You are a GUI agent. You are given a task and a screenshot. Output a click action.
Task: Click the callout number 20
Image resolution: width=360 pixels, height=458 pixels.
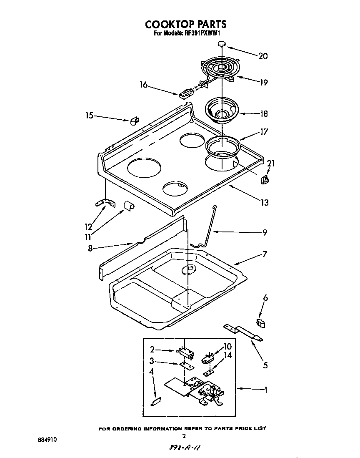[x=263, y=56]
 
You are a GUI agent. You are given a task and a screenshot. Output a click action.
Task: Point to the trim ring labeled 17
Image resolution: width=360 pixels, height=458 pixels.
[x=223, y=146]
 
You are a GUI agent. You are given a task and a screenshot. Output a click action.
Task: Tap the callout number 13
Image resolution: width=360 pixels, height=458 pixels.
[x=264, y=203]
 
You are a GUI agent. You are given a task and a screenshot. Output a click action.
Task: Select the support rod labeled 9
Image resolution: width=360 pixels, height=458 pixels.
[x=207, y=227]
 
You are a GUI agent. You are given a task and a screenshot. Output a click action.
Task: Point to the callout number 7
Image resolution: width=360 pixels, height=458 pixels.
[x=264, y=254]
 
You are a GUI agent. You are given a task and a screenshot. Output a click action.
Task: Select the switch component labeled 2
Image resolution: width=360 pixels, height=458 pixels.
[x=186, y=353]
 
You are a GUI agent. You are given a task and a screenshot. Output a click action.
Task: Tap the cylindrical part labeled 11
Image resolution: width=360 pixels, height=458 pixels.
[x=129, y=206]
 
